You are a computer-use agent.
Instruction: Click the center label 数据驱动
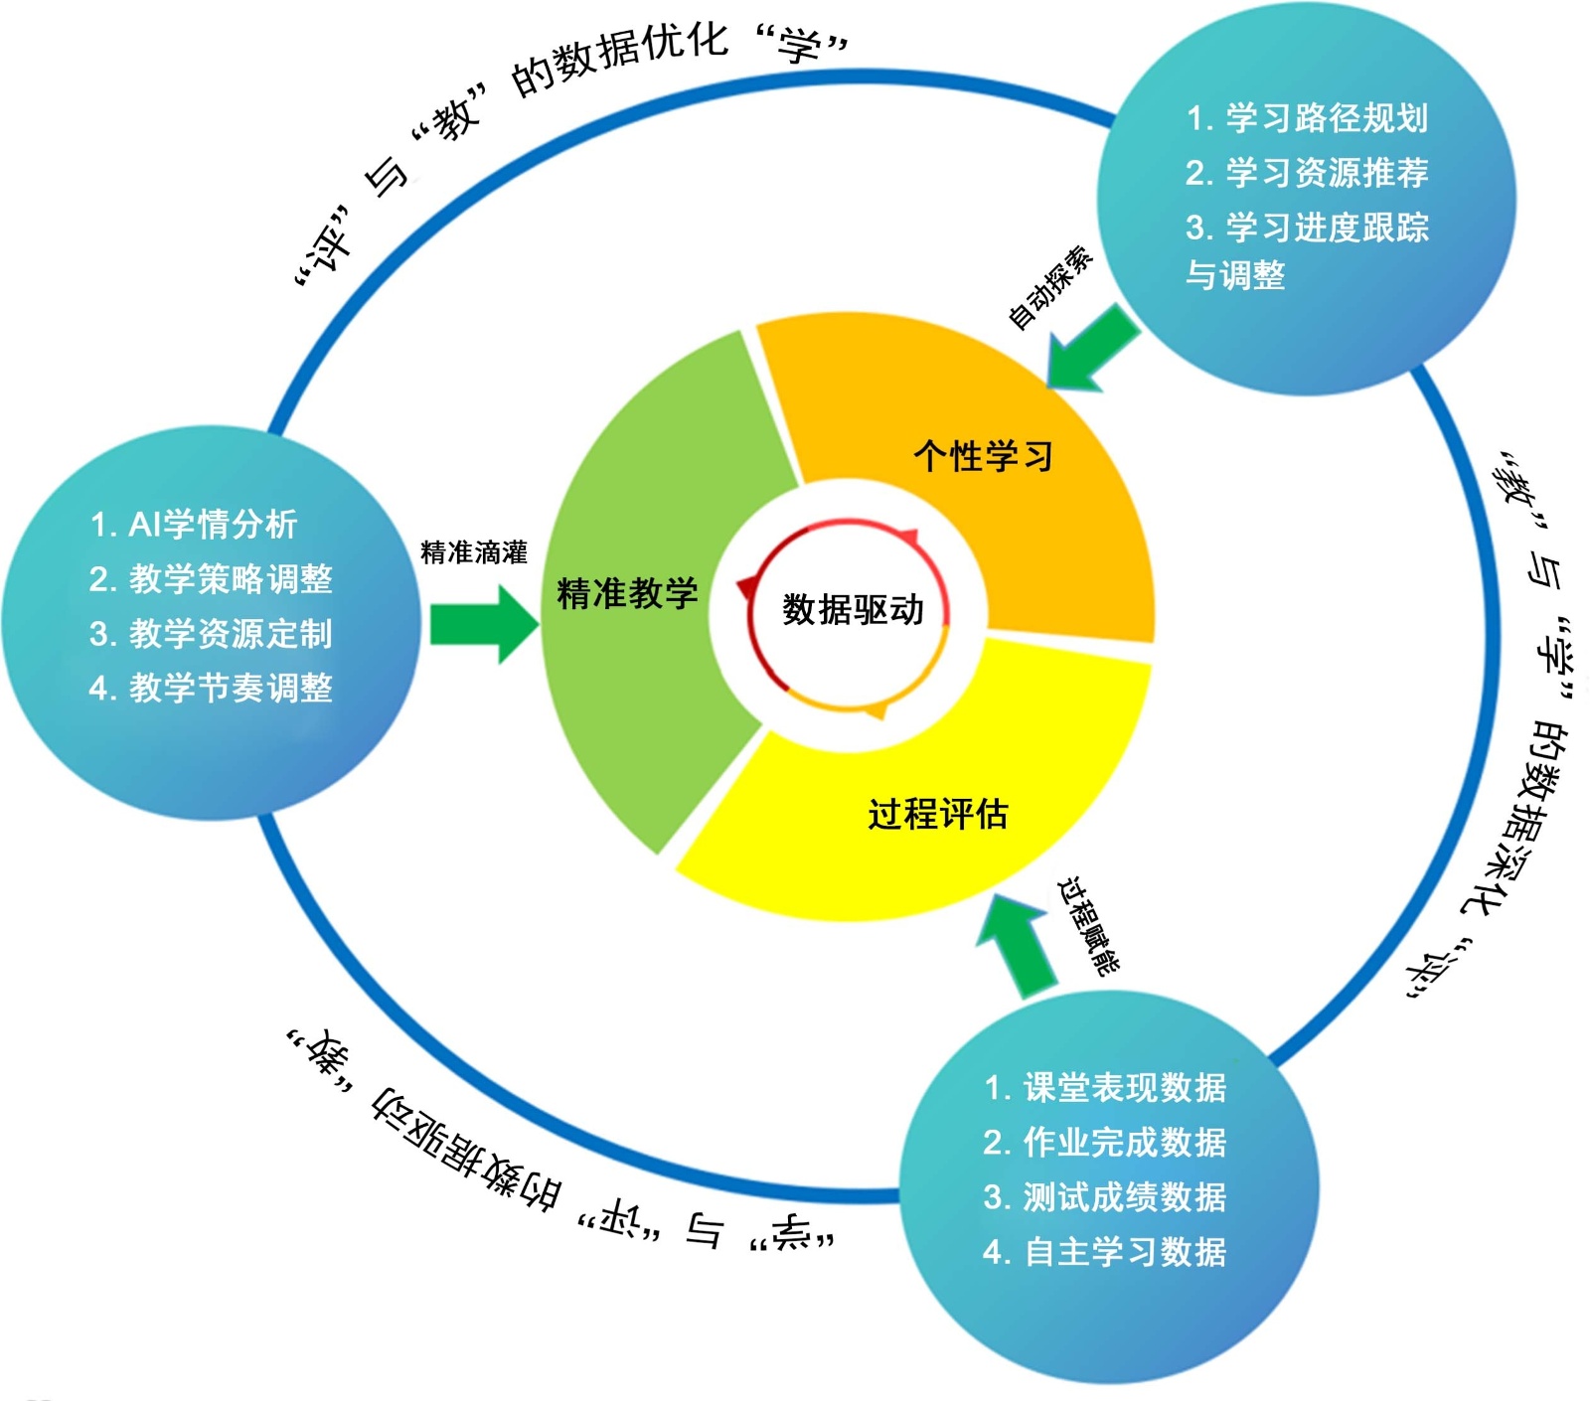click(x=853, y=609)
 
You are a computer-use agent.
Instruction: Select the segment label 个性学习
click(x=983, y=456)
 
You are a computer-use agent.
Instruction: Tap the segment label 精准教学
click(x=627, y=593)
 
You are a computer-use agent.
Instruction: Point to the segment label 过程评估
click(x=937, y=814)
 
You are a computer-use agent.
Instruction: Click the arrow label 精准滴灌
click(x=474, y=552)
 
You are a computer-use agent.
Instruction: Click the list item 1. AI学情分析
click(x=194, y=524)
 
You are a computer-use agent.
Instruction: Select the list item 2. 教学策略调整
click(x=211, y=578)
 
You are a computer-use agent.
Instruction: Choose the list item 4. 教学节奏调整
click(x=211, y=688)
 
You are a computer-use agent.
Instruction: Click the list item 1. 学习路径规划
click(x=1307, y=118)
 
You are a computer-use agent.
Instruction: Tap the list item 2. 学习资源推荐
click(x=1307, y=173)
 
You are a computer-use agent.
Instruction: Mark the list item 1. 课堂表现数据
click(x=1104, y=1087)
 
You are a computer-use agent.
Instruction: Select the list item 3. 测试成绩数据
click(x=1104, y=1196)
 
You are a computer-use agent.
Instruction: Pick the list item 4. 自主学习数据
click(x=1104, y=1251)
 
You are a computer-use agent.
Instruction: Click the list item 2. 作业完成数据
click(x=1104, y=1142)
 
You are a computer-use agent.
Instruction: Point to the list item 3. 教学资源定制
click(x=211, y=633)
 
